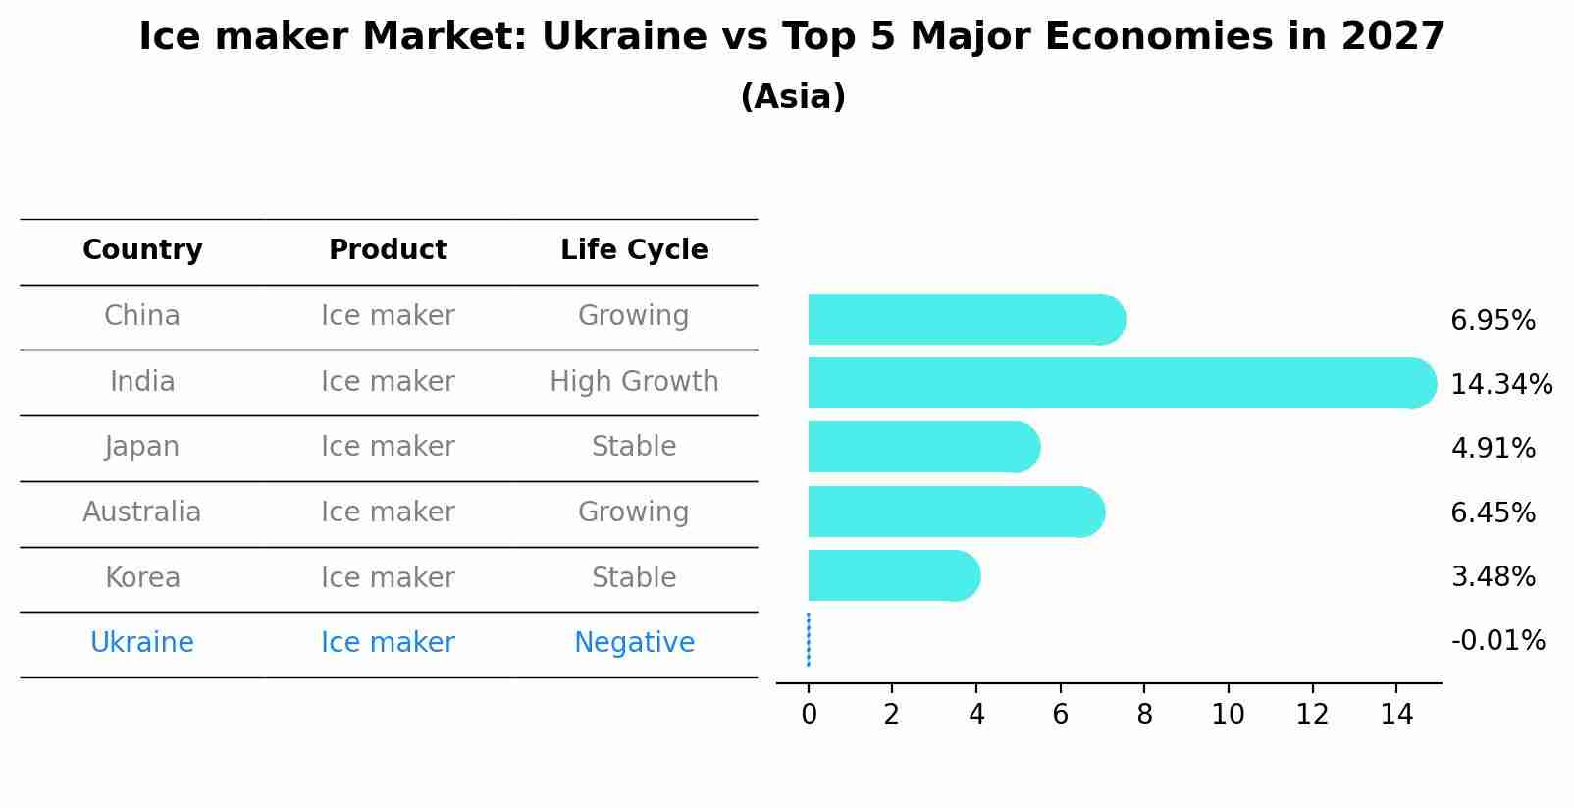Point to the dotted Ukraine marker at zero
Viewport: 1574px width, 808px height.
click(x=808, y=640)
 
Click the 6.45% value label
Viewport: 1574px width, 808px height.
click(x=1493, y=512)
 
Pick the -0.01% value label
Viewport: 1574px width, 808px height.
click(x=1497, y=641)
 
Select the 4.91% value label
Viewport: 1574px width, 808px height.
click(x=1493, y=449)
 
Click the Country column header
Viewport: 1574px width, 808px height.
click(x=142, y=250)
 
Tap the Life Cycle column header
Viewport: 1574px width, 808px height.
click(x=634, y=250)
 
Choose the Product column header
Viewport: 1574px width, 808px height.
click(x=388, y=250)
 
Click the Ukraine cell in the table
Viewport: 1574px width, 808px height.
click(x=142, y=643)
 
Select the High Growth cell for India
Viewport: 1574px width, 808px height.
click(x=634, y=382)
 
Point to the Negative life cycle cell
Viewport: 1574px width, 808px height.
click(x=634, y=643)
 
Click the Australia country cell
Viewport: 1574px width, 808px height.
click(x=142, y=512)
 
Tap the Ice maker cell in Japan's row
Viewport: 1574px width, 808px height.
click(x=388, y=447)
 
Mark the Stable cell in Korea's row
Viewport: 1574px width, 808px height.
click(x=634, y=578)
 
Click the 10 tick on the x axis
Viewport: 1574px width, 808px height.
click(x=1228, y=715)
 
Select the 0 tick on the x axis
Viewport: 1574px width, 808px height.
click(x=809, y=715)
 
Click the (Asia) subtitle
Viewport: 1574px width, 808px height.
click(x=793, y=97)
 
